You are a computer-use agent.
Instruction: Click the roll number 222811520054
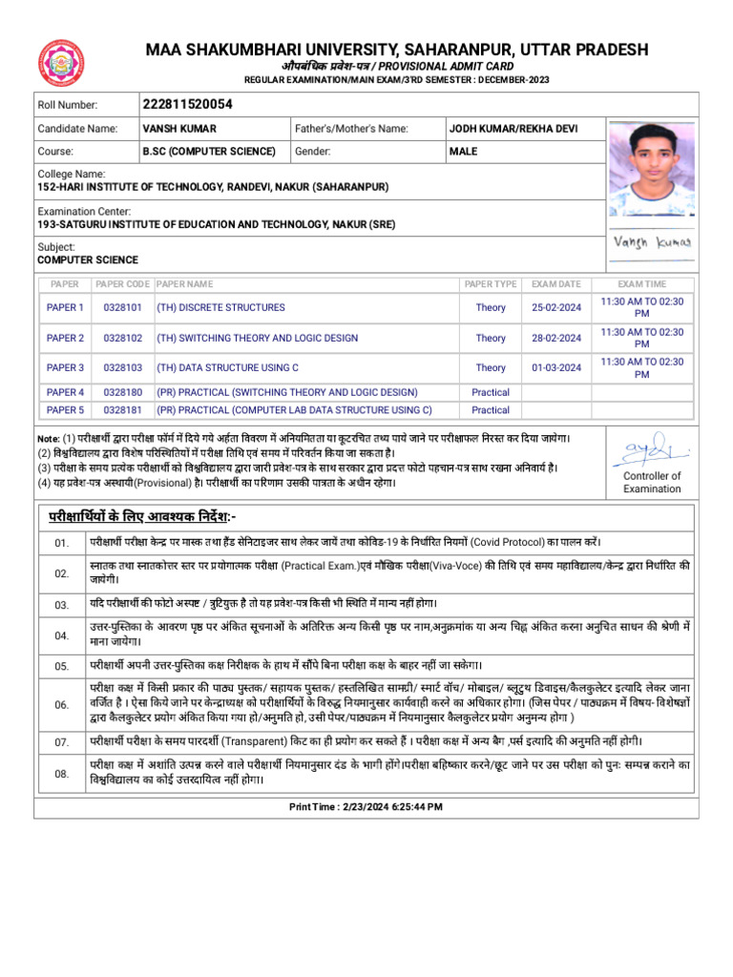(187, 104)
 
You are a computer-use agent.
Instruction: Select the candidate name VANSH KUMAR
(179, 128)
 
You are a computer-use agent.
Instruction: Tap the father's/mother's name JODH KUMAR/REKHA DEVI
(513, 128)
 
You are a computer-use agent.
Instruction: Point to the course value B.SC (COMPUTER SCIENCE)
(209, 151)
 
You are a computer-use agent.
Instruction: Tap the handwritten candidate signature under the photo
(653, 242)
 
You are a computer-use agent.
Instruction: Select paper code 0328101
(122, 307)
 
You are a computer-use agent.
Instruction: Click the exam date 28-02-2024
(555, 338)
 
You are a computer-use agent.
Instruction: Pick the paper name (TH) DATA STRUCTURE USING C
(227, 367)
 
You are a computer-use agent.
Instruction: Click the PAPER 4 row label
(65, 392)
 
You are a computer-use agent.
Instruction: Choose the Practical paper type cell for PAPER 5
(491, 410)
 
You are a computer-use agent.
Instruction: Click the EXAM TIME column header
(641, 284)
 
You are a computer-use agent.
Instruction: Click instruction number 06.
(62, 704)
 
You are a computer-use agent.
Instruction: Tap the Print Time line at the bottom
(366, 807)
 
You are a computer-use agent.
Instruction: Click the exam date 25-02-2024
(555, 307)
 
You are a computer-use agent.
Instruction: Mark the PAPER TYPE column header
(491, 284)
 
